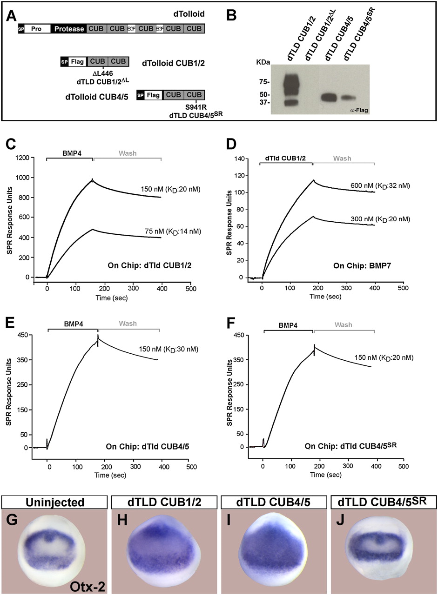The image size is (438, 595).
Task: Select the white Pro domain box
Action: pos(37,29)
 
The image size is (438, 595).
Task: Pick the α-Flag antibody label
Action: pos(356,110)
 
